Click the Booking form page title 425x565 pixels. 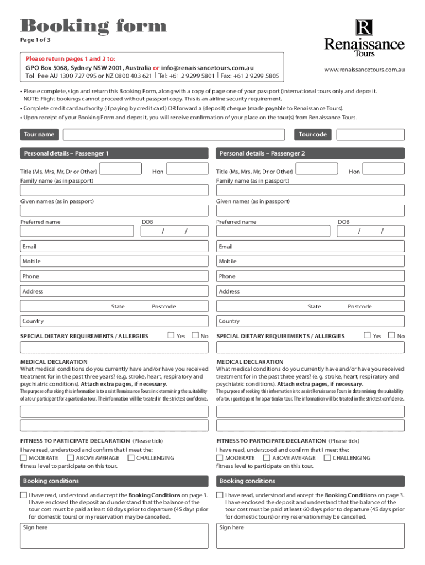point(93,26)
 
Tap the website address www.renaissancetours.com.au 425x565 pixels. point(364,70)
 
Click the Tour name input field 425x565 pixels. point(174,135)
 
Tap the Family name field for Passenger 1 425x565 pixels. point(114,190)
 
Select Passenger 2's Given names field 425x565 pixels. point(310,211)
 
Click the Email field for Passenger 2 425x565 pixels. point(310,247)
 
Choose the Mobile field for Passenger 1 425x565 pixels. point(114,261)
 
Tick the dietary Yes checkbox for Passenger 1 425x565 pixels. point(171,335)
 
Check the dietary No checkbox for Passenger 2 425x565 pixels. point(391,335)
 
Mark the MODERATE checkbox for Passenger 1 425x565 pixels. point(23,458)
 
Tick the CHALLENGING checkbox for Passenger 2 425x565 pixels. point(327,458)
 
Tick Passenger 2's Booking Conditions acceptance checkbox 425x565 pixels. point(220,495)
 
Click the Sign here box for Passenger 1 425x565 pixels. point(114,535)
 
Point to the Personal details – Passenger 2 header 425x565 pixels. point(310,153)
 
